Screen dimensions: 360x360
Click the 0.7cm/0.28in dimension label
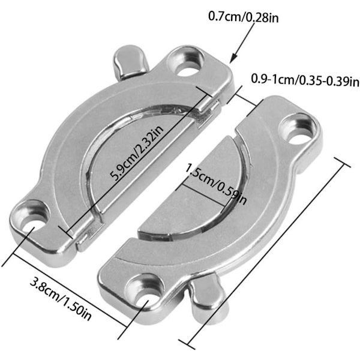[244, 17]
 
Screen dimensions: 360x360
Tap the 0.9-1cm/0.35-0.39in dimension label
[305, 80]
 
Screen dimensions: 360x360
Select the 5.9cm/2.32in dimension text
[137, 153]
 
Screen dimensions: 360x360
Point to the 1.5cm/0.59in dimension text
[216, 184]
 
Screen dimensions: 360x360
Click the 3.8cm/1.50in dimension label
[61, 299]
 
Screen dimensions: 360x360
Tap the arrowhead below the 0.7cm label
[233, 58]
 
